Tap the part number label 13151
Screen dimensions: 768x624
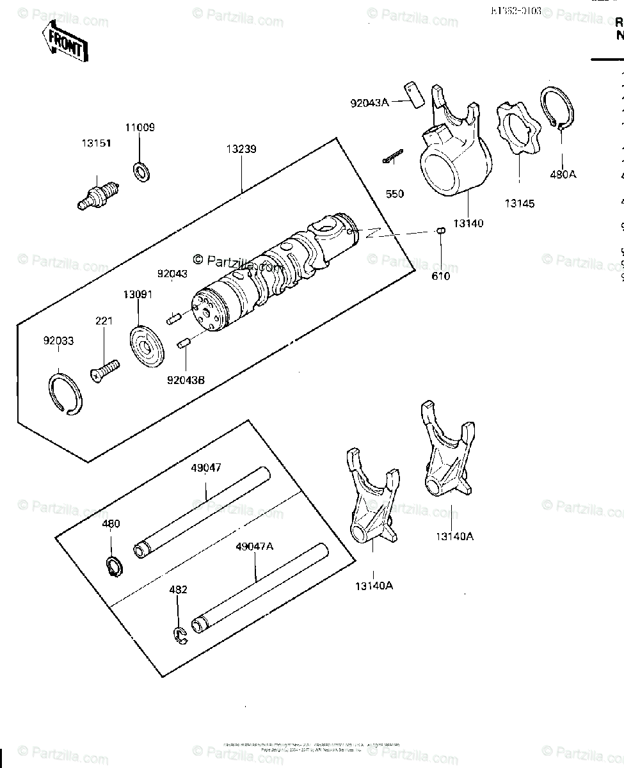point(96,144)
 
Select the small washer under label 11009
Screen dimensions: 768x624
point(140,170)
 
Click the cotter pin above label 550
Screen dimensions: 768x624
point(392,157)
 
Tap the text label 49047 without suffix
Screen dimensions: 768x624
point(205,468)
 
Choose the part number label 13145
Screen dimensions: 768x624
point(519,204)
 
